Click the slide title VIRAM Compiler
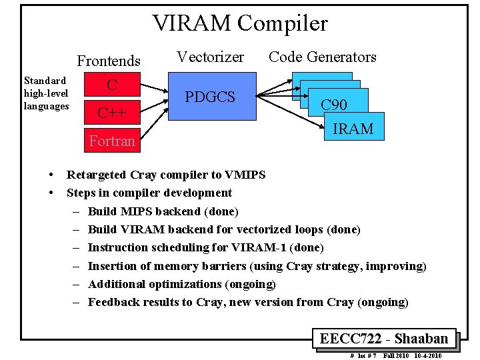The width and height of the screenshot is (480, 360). pos(240,24)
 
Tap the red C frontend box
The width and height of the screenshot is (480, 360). pos(112,85)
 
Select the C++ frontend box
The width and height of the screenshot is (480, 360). pos(112,112)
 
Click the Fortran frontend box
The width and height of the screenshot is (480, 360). pos(112,141)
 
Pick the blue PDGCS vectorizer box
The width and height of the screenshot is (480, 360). pos(211,97)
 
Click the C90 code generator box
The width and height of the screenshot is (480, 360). pos(334,105)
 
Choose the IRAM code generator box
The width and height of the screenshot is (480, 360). pos(353,129)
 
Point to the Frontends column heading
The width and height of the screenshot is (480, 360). pos(109,61)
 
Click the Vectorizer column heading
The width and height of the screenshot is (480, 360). pos(210,57)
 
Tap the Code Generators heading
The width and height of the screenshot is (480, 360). pos(323,57)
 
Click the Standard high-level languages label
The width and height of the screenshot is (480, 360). pos(46,93)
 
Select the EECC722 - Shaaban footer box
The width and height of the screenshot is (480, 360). pos(384,339)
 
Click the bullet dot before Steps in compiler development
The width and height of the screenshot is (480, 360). pos(52,193)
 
